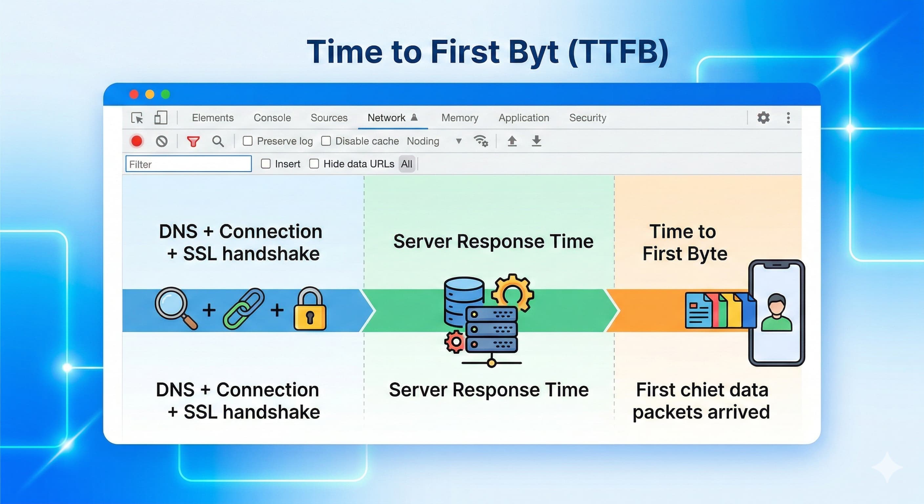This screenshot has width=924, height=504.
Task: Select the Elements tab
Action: (213, 118)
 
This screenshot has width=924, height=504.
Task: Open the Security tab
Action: (588, 118)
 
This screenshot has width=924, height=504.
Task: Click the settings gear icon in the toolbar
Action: (763, 118)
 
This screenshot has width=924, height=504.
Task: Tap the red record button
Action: (136, 141)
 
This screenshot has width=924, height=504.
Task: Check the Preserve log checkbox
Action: (247, 141)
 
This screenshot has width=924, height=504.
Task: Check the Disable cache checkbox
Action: (326, 141)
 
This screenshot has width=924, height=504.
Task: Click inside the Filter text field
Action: (188, 164)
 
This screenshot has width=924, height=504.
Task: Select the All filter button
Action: (407, 164)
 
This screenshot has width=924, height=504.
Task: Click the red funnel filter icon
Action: (193, 141)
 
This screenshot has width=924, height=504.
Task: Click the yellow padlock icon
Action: (310, 310)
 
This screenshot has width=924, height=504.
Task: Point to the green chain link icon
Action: (243, 308)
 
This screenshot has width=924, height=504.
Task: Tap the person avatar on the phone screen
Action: (776, 312)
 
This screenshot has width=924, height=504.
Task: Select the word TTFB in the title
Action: (619, 52)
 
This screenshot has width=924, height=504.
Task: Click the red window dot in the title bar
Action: (134, 94)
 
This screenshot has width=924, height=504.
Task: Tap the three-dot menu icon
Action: (788, 118)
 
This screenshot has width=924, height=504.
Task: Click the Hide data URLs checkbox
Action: (314, 164)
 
